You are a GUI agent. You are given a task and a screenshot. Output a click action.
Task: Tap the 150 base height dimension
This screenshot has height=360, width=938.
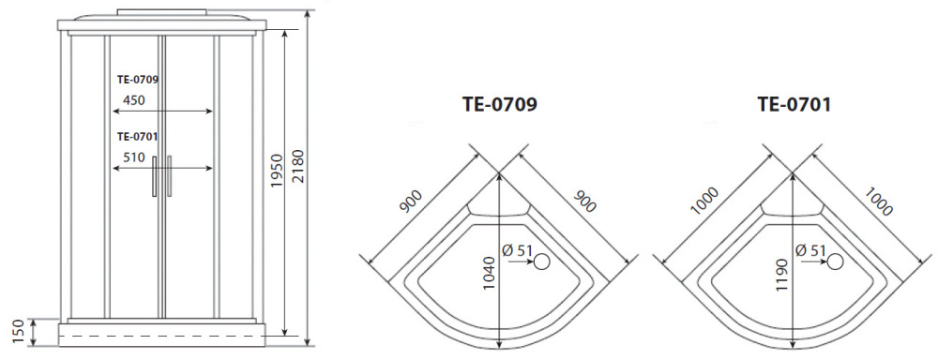coord(18,331)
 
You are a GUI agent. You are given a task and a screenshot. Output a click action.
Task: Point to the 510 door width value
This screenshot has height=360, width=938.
coord(133,157)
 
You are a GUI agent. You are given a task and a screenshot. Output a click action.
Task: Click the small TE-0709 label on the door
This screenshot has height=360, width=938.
coord(137,80)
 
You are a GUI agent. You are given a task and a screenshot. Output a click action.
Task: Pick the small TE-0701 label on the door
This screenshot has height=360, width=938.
coord(137,136)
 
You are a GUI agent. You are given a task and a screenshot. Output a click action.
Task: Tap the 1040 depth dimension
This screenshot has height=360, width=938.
coord(489,271)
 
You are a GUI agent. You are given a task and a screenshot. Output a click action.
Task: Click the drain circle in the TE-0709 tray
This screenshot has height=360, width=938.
coord(540,263)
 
